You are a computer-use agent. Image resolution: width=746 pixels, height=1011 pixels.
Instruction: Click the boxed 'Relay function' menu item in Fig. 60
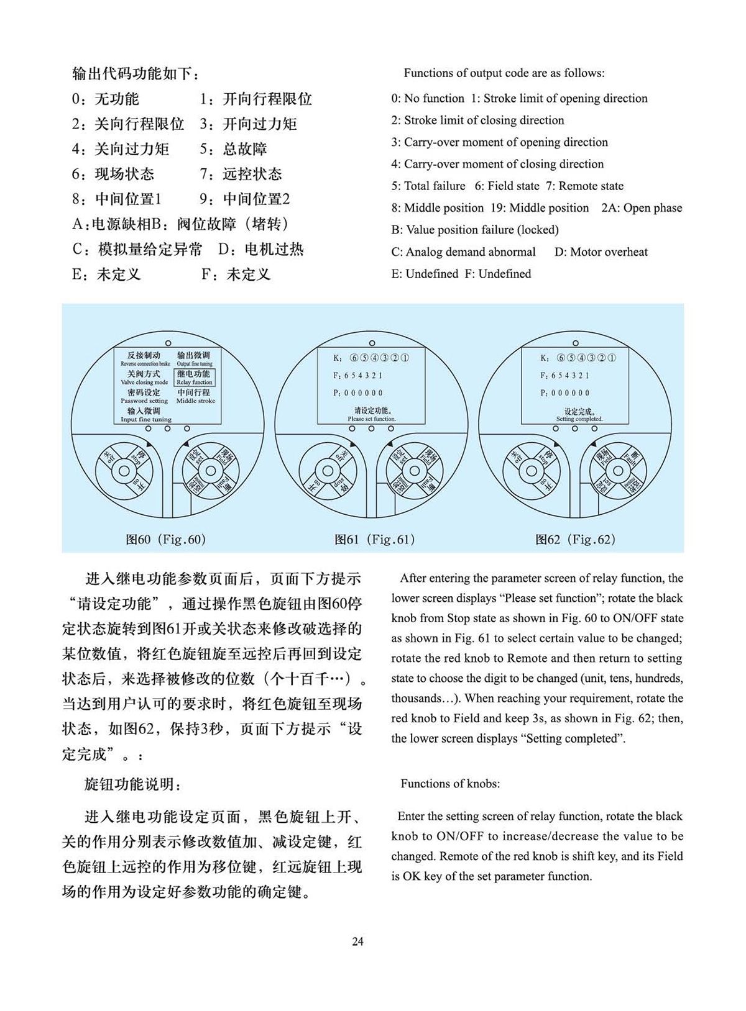coord(194,378)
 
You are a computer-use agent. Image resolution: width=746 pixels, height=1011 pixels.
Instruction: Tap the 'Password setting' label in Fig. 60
coord(144,397)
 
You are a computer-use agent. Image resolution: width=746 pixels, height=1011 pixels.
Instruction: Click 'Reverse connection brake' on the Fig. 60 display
coord(145,359)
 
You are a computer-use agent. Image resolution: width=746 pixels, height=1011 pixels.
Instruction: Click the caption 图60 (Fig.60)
coord(165,539)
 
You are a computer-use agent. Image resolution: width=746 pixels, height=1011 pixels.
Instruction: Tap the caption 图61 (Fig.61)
coord(374,539)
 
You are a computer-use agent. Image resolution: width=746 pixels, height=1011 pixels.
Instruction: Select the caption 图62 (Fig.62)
coord(575,539)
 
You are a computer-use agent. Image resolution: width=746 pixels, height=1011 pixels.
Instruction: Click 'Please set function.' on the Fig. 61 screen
coord(372,415)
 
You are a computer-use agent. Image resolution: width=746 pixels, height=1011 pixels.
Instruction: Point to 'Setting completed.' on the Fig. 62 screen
coord(579,415)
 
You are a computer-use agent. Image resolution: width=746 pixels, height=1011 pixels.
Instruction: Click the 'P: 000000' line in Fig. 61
coord(359,393)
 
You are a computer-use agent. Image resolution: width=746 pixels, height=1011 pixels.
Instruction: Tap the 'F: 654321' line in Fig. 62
coord(564,376)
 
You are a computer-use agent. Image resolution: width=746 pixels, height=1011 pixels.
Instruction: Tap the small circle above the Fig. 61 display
coord(372,343)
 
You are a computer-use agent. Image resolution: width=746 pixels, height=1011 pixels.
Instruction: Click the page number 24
coord(357,941)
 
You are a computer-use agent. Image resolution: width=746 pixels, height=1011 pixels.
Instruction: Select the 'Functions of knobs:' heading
coord(450,784)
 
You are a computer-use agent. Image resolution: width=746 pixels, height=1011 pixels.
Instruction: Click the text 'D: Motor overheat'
coord(601,252)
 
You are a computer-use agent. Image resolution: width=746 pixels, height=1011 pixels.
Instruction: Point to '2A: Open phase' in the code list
coord(642,208)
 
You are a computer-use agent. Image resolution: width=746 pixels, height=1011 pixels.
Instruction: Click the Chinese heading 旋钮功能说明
coord(133,784)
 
